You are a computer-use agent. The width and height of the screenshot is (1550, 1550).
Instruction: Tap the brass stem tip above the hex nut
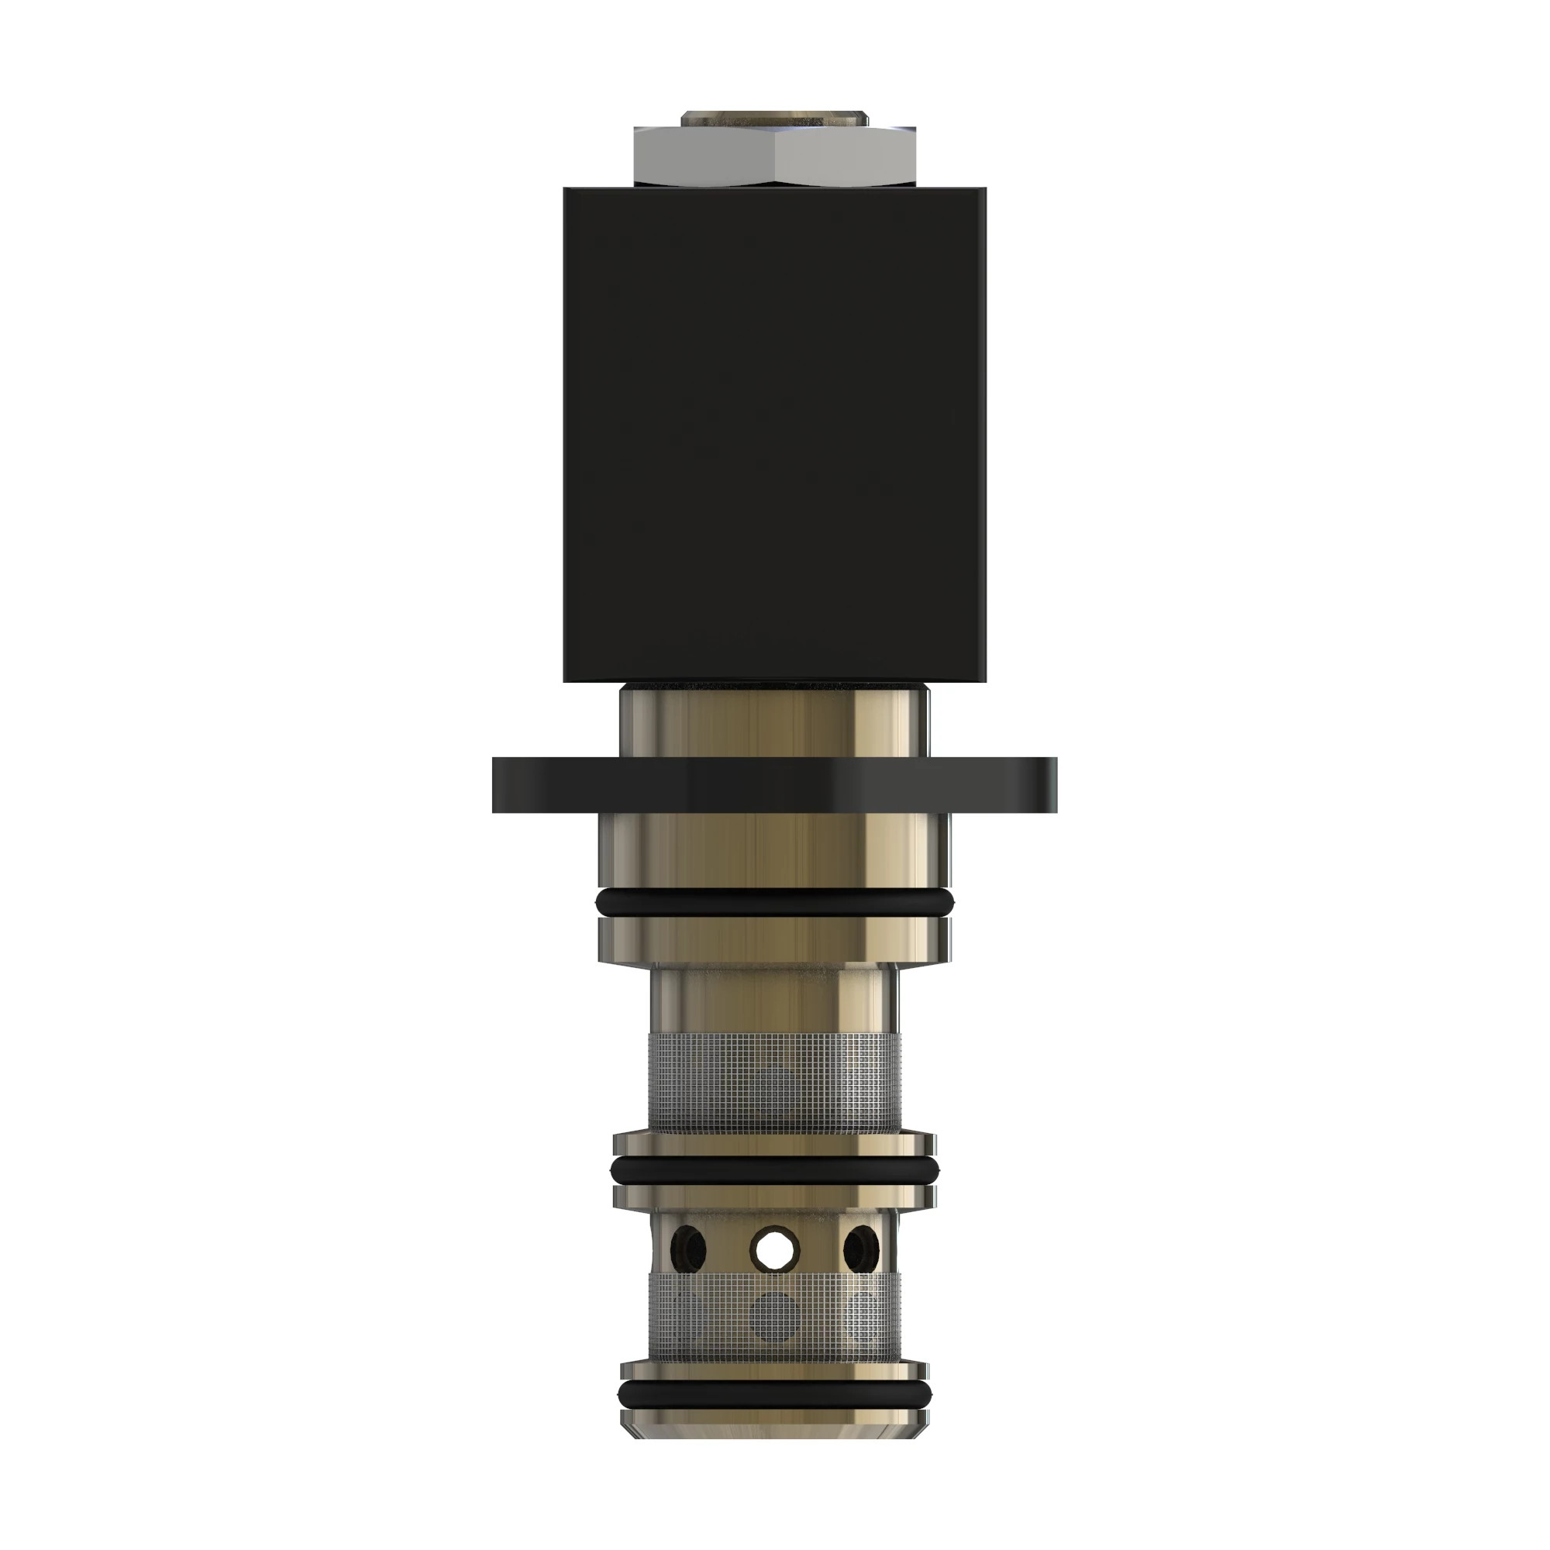pyautogui.click(x=774, y=118)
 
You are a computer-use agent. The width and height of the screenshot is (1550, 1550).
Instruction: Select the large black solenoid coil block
pyautogui.click(x=774, y=433)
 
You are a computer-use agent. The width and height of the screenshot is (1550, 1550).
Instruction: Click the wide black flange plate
pyautogui.click(x=774, y=784)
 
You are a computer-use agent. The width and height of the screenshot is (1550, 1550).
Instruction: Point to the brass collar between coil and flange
pyautogui.click(x=774, y=720)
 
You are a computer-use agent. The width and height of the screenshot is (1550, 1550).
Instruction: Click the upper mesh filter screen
pyautogui.click(x=774, y=1083)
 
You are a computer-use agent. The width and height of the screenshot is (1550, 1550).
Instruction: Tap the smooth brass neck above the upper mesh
pyautogui.click(x=774, y=999)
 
